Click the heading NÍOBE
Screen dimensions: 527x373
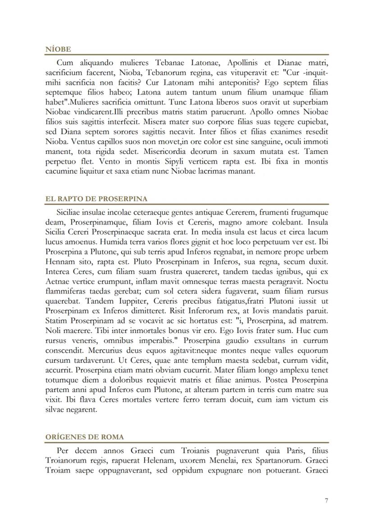[58, 49]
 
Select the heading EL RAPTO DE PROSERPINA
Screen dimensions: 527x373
[96, 198]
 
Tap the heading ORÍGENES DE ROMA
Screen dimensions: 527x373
[85, 437]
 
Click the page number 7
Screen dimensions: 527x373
[326, 501]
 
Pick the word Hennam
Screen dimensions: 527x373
[59, 261]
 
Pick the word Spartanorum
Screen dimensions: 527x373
[277, 460]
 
